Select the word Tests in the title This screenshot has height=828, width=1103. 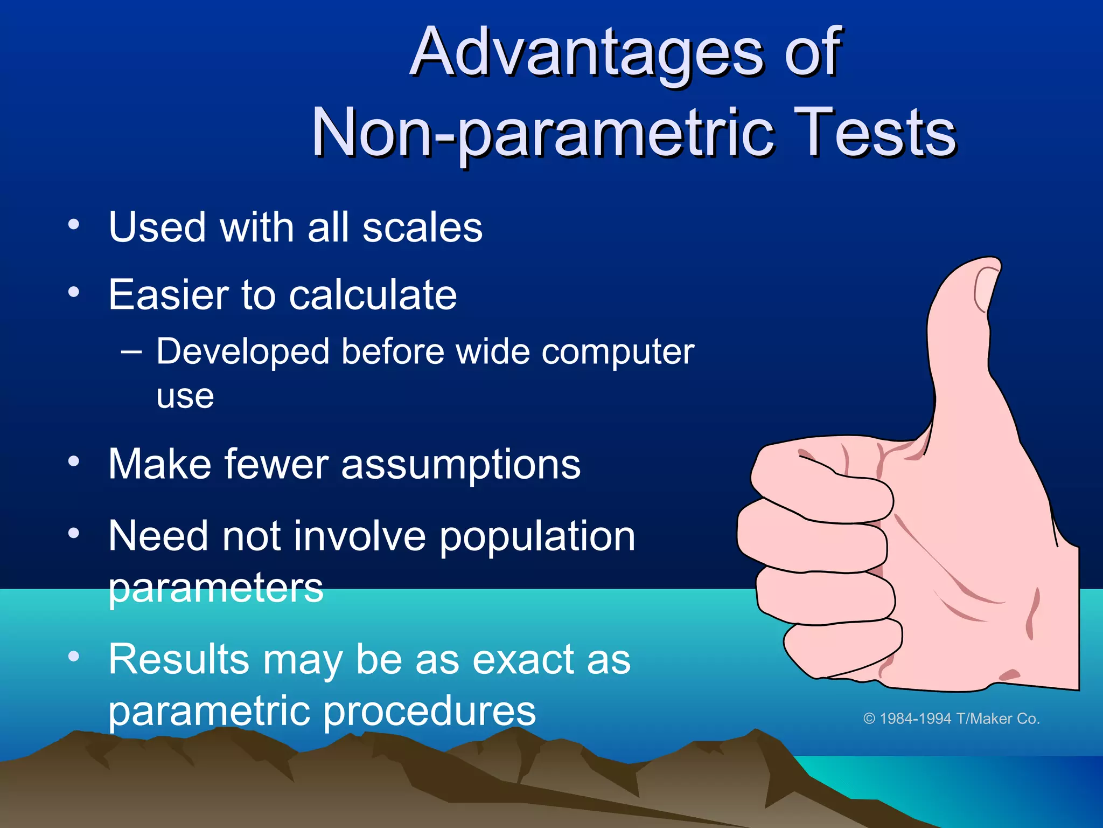[x=873, y=133]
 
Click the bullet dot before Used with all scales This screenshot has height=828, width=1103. [x=74, y=224]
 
